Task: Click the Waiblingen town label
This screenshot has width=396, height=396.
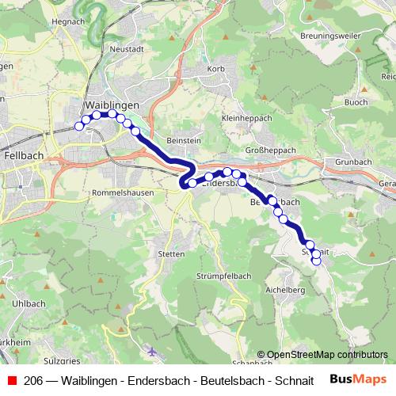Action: pyautogui.click(x=111, y=105)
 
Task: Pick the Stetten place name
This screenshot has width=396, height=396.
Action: pyautogui.click(x=171, y=253)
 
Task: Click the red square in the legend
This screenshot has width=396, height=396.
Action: pyautogui.click(x=13, y=379)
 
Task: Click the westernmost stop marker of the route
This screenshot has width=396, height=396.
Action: pyautogui.click(x=78, y=125)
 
